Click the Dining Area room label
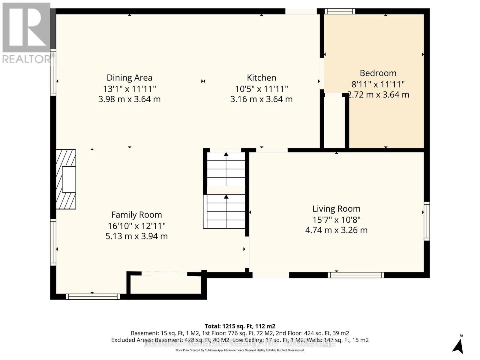(129, 78)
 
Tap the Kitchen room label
(261, 78)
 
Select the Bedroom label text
(378, 73)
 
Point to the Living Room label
(336, 209)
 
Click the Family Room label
(136, 215)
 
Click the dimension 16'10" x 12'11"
(136, 226)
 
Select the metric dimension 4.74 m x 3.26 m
(336, 230)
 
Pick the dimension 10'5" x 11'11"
(261, 89)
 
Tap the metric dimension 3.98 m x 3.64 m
(129, 99)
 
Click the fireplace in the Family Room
(66, 179)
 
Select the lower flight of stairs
(226, 211)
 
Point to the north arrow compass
(458, 346)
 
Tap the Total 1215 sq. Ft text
(240, 326)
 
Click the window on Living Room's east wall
(427, 221)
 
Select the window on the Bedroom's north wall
(340, 11)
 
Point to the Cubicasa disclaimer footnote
(240, 350)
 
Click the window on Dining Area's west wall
(53, 72)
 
